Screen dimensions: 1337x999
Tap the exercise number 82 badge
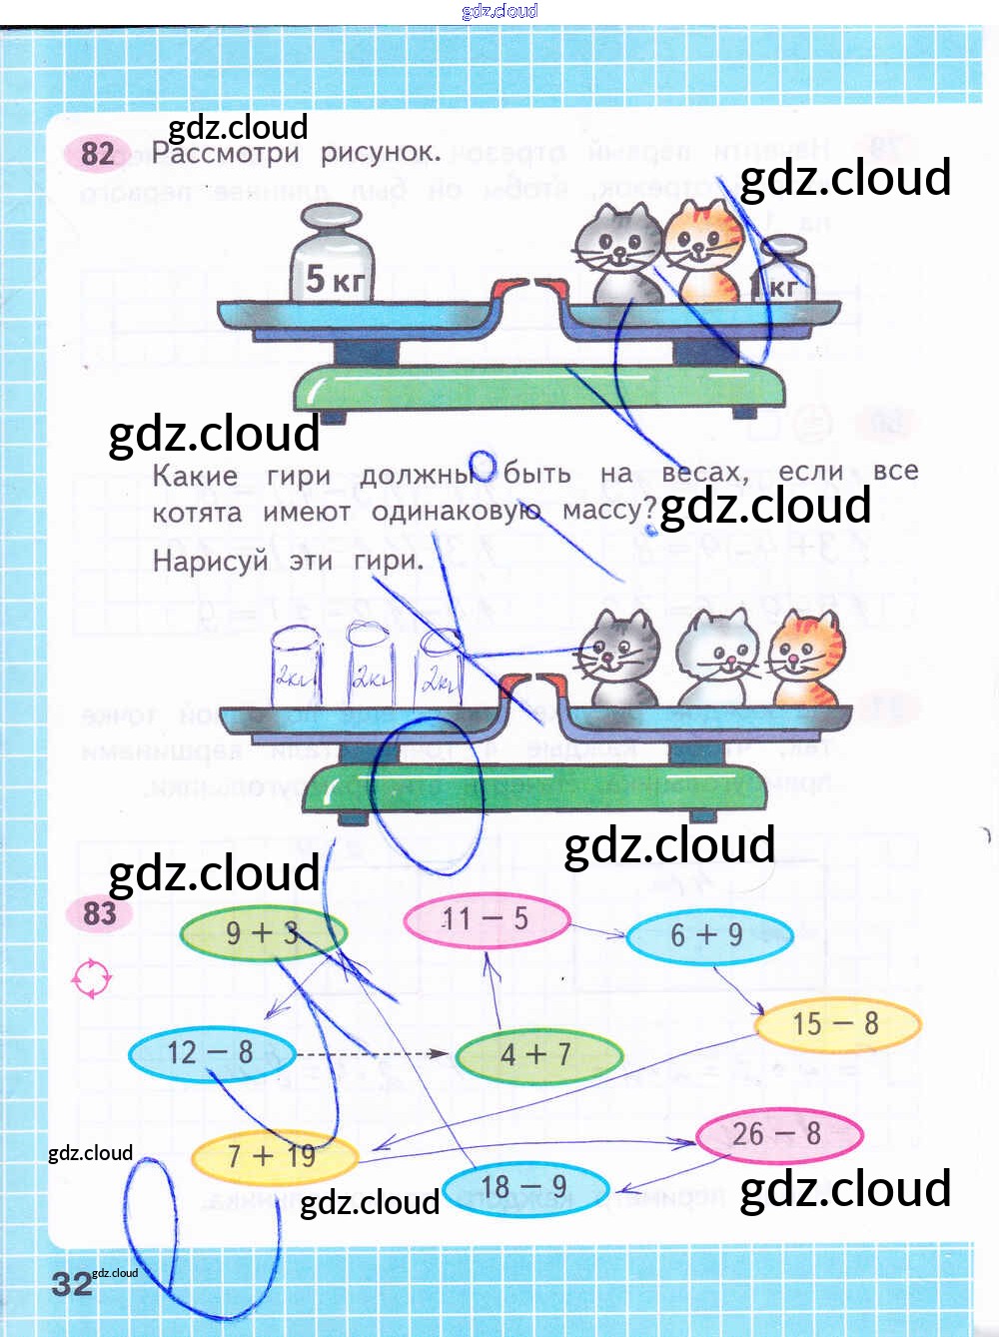coord(97,154)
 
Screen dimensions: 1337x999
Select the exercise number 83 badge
coord(99,913)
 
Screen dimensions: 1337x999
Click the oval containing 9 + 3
coord(263,933)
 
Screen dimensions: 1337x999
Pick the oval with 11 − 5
coord(486,919)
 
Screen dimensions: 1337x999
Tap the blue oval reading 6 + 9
coord(708,935)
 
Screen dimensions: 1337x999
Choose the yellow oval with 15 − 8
coord(836,1024)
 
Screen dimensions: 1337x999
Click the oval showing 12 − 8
coord(211,1053)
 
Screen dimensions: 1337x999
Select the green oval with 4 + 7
coord(537,1055)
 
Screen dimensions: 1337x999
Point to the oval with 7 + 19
coord(273,1157)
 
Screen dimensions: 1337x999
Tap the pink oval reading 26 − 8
coord(777,1135)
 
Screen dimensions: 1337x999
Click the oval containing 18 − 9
coord(524,1188)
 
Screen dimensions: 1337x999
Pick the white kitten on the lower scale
coord(718,656)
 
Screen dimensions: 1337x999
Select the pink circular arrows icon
coord(92,978)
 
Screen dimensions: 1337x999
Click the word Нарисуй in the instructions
coord(210,561)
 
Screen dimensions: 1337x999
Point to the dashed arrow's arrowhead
coord(439,1053)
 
